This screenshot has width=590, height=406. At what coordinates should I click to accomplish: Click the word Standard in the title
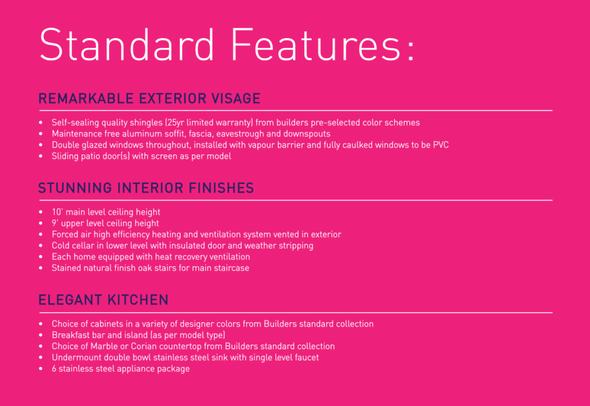127,44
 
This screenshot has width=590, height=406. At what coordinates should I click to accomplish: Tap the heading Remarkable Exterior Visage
149,98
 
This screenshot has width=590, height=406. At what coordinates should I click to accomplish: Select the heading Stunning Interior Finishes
146,188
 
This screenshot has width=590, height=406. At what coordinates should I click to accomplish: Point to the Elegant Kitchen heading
104,300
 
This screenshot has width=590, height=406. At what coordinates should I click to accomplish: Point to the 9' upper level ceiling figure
55,223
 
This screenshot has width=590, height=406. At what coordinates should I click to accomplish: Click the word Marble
104,346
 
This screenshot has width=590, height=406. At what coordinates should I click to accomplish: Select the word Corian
143,346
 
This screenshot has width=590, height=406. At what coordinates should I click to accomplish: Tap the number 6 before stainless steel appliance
54,369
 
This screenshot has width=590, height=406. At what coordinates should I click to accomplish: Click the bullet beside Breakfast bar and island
41,335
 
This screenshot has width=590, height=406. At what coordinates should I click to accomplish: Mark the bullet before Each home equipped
41,257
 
